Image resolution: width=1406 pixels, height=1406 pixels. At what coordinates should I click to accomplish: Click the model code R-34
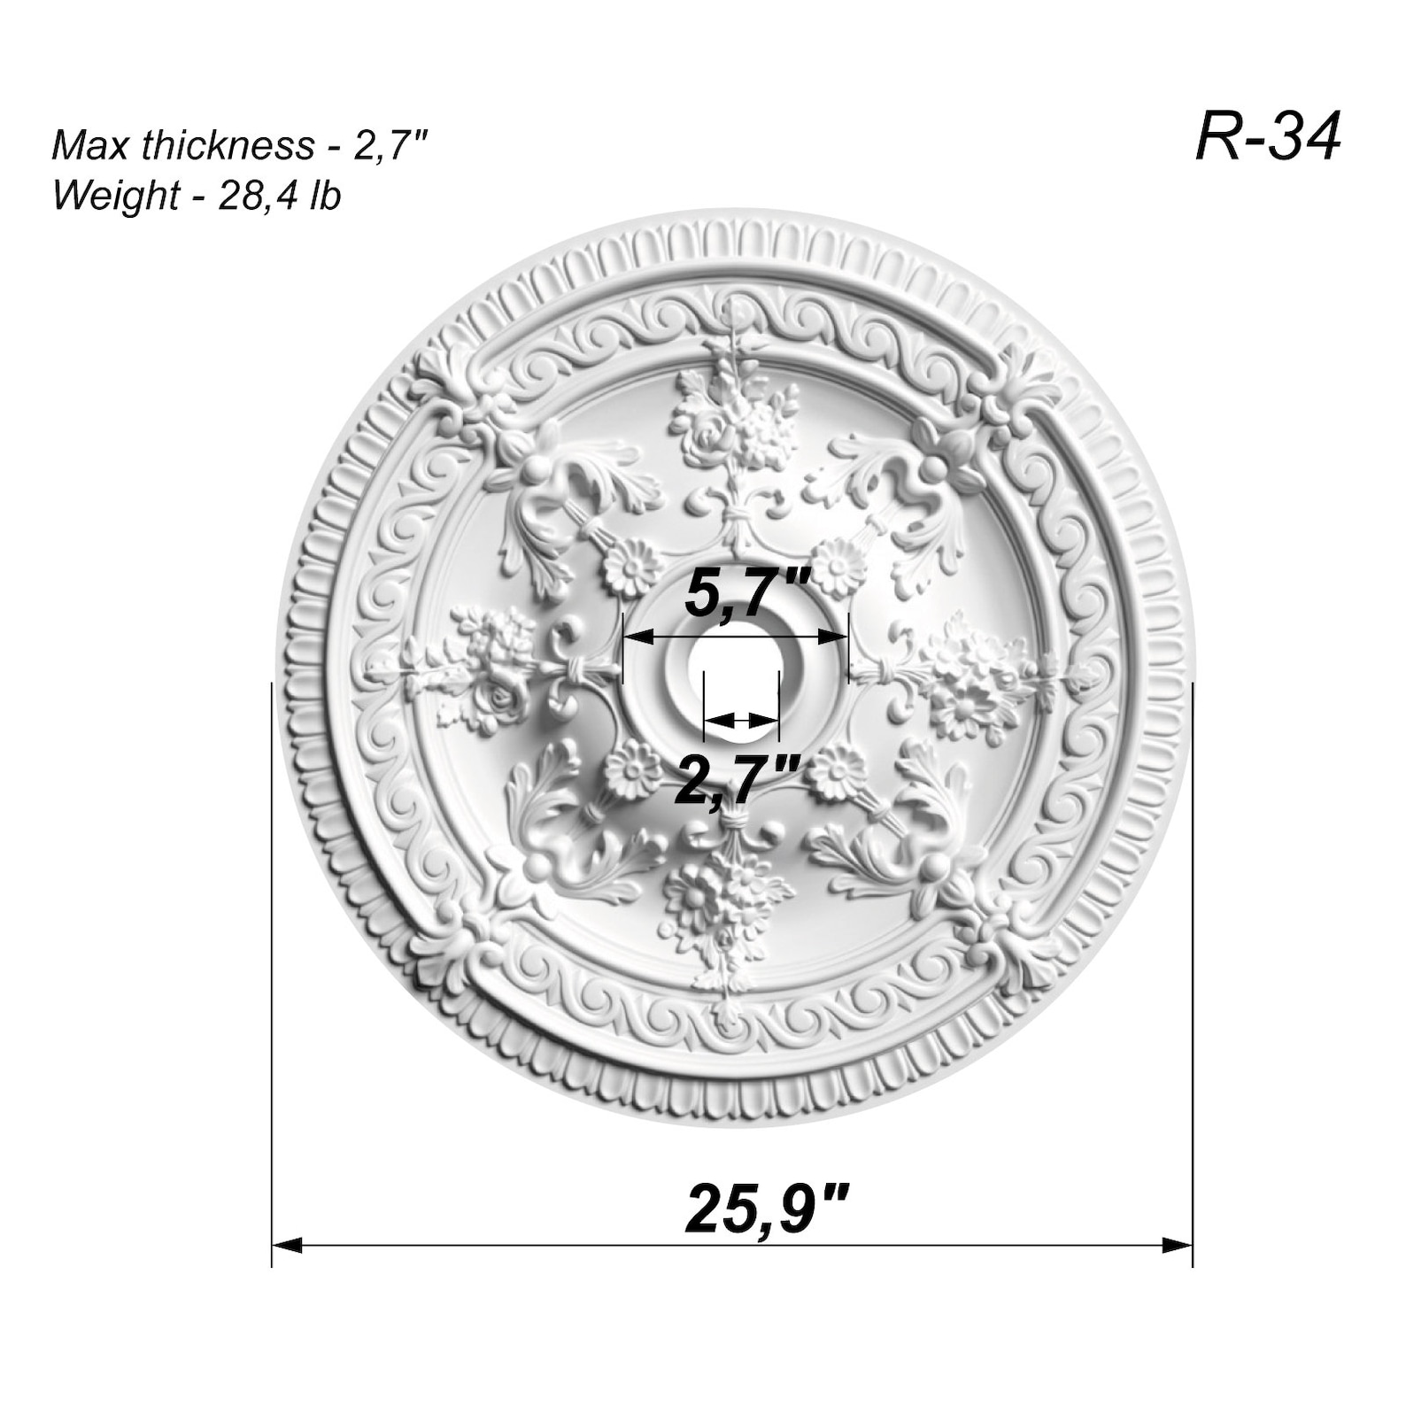[x=1267, y=137]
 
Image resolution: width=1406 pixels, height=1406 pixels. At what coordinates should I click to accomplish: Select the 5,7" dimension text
[x=747, y=595]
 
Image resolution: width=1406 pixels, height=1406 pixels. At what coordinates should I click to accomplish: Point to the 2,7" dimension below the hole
[x=738, y=779]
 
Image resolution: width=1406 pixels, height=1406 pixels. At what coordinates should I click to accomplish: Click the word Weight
[x=115, y=195]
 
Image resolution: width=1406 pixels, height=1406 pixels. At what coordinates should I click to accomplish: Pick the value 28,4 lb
[x=279, y=195]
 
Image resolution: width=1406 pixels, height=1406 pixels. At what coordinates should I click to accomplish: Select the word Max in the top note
[x=84, y=145]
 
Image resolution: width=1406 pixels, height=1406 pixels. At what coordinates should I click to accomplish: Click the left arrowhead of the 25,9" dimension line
[x=285, y=1246]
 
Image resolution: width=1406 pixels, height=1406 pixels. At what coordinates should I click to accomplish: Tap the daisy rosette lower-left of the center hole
[x=632, y=769]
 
